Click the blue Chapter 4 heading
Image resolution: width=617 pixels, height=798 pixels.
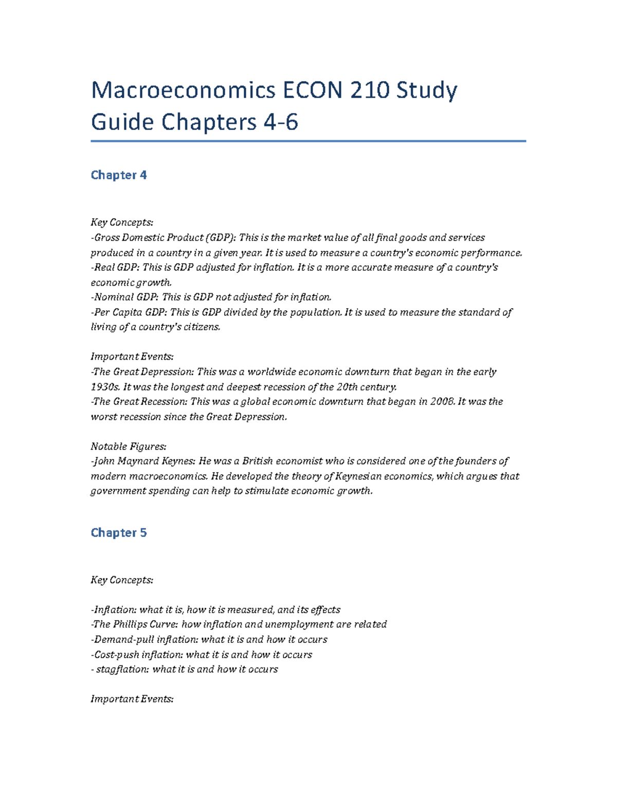pyautogui.click(x=119, y=175)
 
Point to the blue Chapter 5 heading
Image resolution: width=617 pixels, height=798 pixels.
pyautogui.click(x=119, y=533)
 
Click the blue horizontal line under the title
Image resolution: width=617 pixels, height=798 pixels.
pyautogui.click(x=308, y=141)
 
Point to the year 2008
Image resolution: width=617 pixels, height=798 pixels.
pyautogui.click(x=442, y=402)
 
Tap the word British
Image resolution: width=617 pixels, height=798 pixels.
pyautogui.click(x=257, y=461)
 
